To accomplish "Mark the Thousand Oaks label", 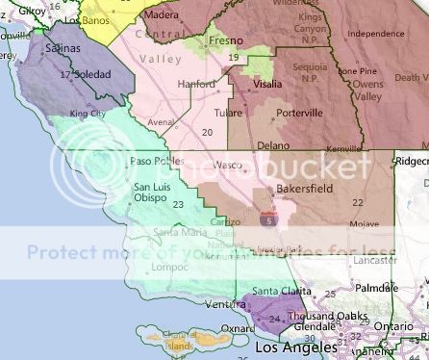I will tap(324, 315).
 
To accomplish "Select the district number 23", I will tap(177, 203).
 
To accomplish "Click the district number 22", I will tap(358, 202).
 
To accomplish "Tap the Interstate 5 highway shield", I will tap(266, 220).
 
